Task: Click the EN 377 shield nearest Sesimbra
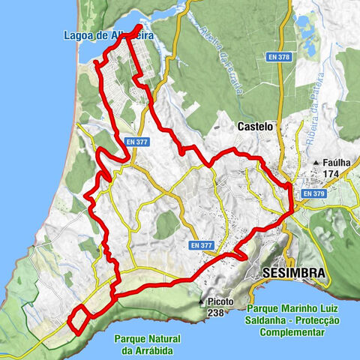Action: click(201, 244)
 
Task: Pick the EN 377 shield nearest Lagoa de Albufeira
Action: click(137, 141)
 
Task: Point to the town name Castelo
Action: click(256, 127)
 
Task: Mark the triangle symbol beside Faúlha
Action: click(318, 162)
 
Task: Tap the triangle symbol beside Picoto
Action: click(201, 302)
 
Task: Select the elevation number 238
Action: click(216, 314)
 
